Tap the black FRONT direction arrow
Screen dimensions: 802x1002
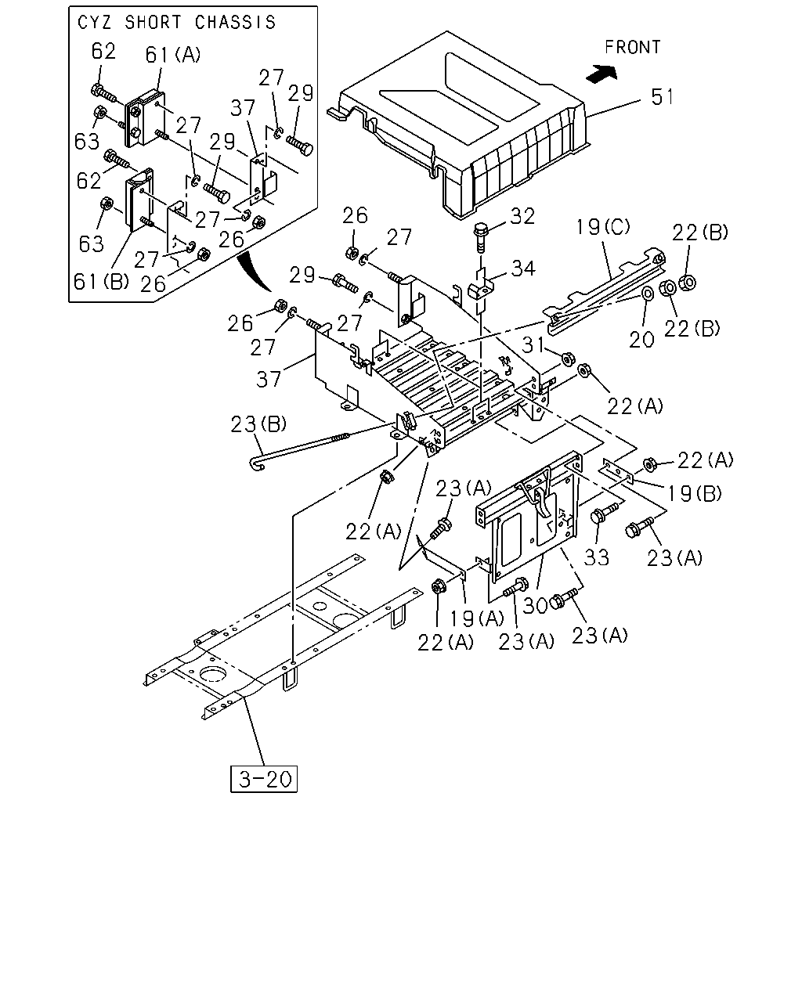click(601, 74)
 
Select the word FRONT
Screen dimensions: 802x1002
click(632, 47)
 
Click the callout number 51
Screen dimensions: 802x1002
click(662, 97)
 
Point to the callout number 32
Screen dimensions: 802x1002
click(522, 217)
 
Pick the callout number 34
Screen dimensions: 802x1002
click(523, 269)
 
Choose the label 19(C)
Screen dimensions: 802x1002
click(602, 227)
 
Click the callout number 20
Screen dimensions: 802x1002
click(641, 340)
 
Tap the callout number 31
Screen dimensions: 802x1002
click(533, 345)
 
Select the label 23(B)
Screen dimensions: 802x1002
click(258, 424)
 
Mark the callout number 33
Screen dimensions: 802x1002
click(597, 557)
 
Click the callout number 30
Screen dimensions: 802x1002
click(535, 606)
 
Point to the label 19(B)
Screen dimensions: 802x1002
click(695, 493)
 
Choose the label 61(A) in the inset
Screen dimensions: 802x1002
click(173, 55)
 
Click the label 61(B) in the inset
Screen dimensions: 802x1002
click(101, 281)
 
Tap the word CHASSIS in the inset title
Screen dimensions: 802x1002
click(235, 23)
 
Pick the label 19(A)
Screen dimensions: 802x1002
click(477, 618)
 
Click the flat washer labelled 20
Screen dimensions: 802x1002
click(647, 294)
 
